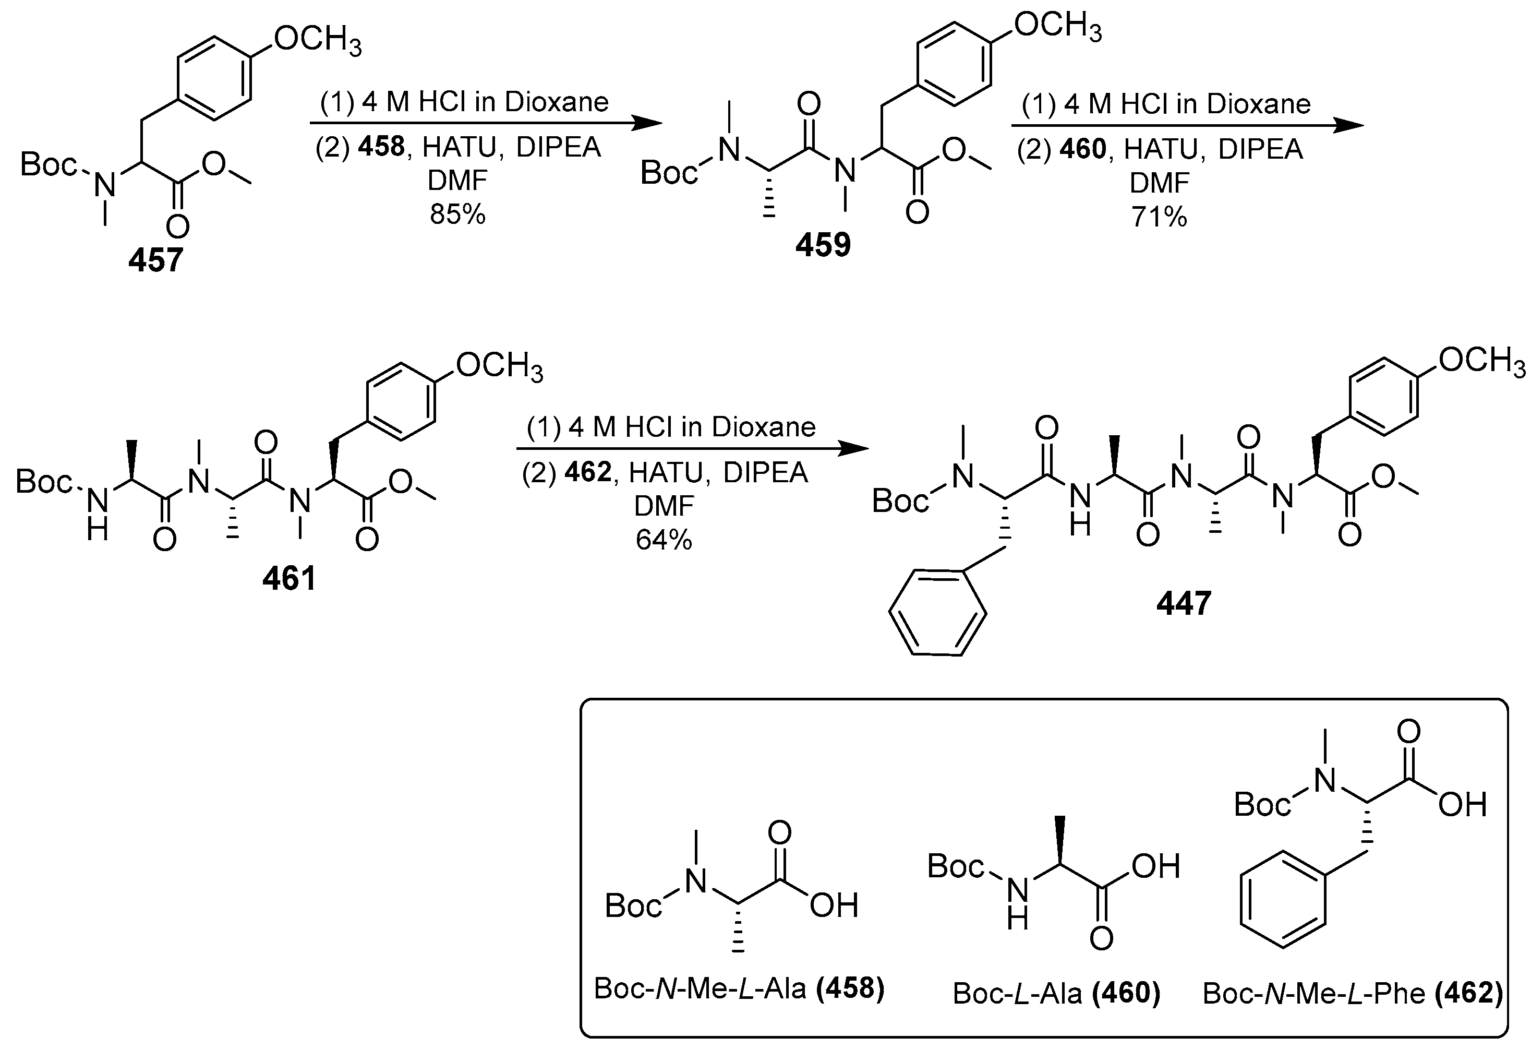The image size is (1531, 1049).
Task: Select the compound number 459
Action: (823, 246)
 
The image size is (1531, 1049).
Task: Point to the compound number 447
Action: (1183, 603)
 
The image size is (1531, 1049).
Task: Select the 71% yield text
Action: (1160, 216)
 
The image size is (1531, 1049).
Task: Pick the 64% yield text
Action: (664, 540)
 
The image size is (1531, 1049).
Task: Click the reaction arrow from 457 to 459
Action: (486, 123)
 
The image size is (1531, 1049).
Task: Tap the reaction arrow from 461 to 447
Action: (692, 449)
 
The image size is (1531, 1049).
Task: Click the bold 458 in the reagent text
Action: (381, 147)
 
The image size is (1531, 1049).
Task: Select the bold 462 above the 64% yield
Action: (588, 472)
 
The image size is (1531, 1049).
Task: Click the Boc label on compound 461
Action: (43, 482)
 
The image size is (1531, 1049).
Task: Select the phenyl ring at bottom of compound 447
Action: (937, 612)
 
